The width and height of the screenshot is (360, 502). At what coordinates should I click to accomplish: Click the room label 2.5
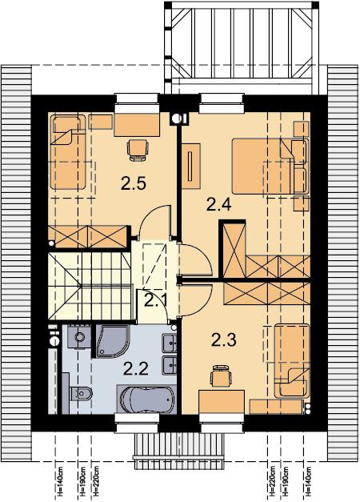click(134, 183)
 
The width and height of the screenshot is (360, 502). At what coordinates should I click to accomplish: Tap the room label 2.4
click(218, 204)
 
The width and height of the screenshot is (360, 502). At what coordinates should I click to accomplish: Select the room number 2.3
click(224, 339)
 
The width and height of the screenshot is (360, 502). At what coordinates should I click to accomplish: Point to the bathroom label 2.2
click(136, 369)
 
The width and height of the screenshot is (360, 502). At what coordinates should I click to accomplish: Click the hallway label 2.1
click(155, 300)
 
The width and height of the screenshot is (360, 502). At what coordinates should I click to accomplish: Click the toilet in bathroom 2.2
click(81, 393)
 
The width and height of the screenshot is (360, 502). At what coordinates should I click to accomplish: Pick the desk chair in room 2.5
click(138, 150)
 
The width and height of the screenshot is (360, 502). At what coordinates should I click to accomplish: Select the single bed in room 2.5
click(67, 152)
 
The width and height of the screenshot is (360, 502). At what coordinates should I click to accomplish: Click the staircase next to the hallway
click(90, 285)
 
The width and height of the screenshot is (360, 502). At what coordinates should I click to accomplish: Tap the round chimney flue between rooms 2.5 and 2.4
click(175, 118)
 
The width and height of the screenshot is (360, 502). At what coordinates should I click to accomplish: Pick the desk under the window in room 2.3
click(222, 402)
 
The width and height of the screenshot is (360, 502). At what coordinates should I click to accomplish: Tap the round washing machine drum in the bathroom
click(79, 337)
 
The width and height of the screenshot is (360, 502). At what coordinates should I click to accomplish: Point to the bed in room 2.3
click(292, 361)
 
